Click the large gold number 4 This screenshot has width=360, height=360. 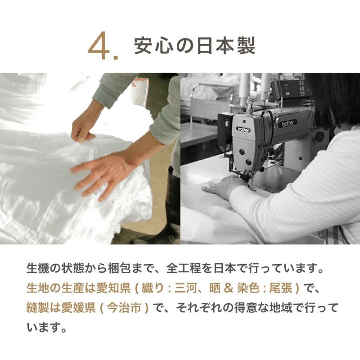pyautogui.click(x=99, y=46)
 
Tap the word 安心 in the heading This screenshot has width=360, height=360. pyautogui.click(x=154, y=46)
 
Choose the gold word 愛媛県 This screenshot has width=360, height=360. pyautogui.click(x=78, y=308)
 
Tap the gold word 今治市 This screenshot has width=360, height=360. pyautogui.click(x=125, y=308)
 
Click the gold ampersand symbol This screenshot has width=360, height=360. pyautogui.click(x=229, y=288)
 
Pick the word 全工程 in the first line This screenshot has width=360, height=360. pyautogui.click(x=184, y=268)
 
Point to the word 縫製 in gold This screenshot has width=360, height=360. pyautogui.click(x=38, y=308)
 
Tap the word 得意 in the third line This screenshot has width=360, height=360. pyautogui.click(x=246, y=308)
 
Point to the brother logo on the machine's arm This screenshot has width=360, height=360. pyautogui.click(x=288, y=123)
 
